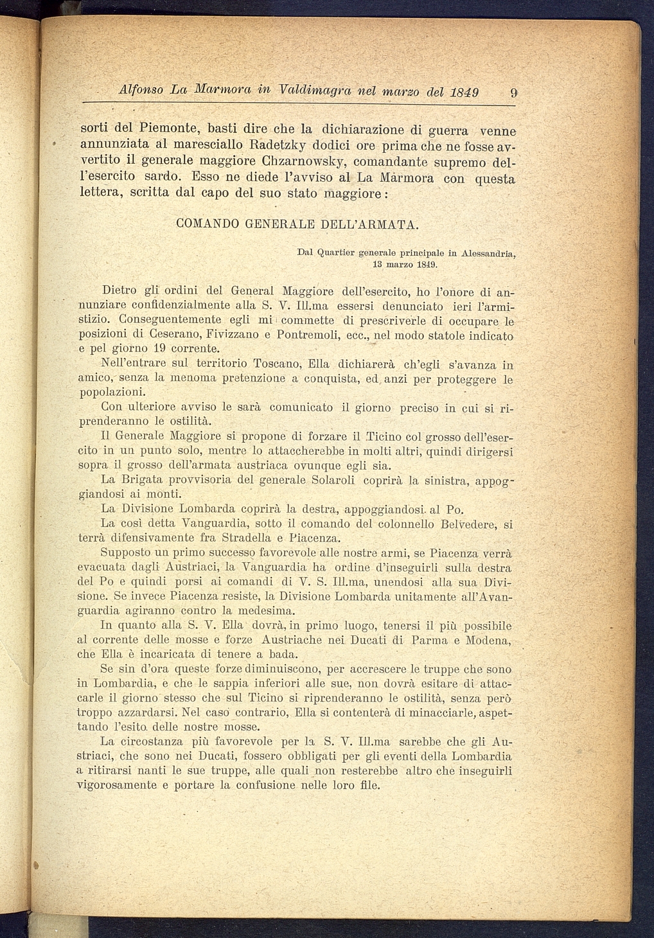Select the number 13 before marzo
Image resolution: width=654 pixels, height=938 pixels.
378,264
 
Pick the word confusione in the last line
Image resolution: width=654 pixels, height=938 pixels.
265,785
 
